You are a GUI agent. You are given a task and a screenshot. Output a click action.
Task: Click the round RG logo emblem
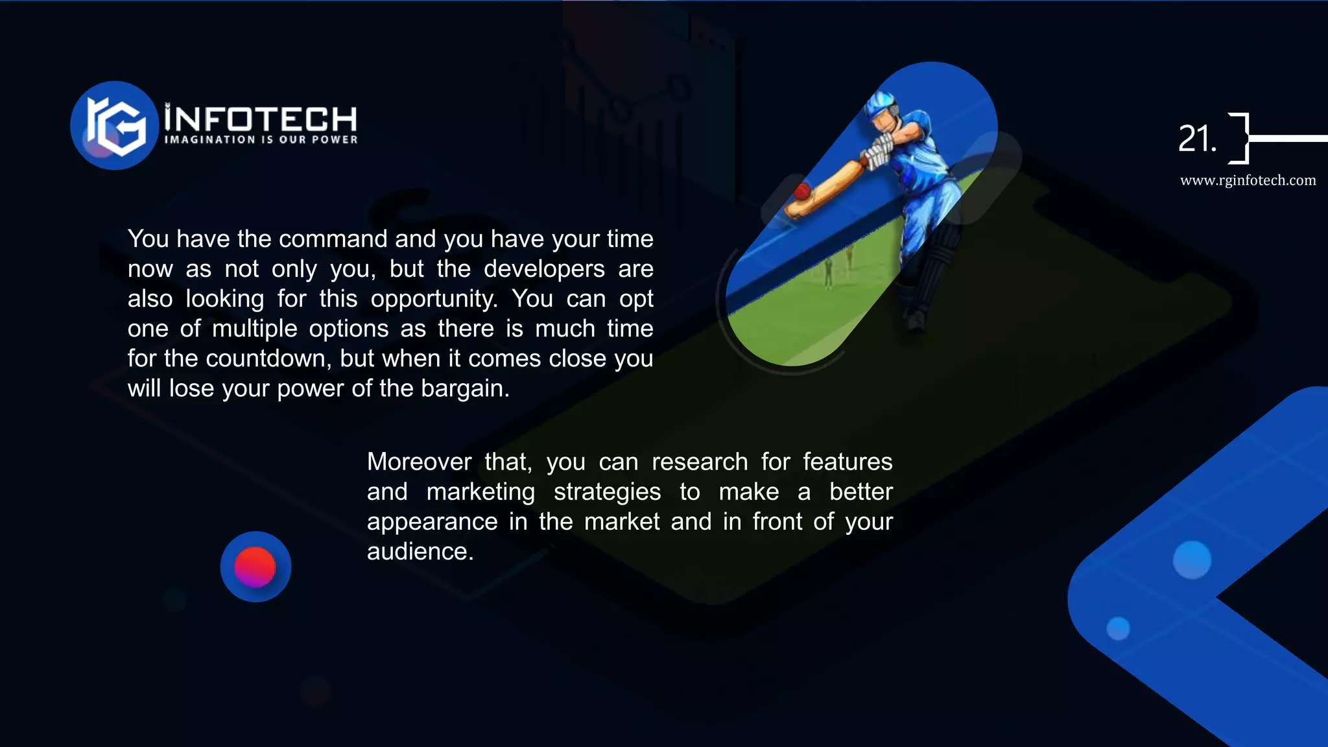point(115,125)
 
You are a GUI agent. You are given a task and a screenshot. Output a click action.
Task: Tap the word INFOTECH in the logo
point(261,119)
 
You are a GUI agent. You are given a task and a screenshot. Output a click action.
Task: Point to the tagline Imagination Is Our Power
point(261,139)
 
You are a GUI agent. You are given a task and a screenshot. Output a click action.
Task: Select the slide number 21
point(1196,139)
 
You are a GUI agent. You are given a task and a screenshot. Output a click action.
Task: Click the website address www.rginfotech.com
point(1248,180)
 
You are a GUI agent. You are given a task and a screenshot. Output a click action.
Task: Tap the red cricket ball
point(802,191)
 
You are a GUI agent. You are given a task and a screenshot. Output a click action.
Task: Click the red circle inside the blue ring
point(255,567)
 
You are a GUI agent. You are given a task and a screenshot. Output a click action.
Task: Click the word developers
point(544,269)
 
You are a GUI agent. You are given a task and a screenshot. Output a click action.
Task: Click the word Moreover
point(419,462)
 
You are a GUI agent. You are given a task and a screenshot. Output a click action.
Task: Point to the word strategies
point(607,492)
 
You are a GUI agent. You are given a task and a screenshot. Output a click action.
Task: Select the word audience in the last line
point(419,551)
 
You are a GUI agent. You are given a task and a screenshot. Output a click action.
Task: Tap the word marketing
point(480,492)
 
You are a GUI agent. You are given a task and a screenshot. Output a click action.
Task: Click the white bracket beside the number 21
point(1240,138)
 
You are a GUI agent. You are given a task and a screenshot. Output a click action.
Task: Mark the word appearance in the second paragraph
point(432,521)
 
